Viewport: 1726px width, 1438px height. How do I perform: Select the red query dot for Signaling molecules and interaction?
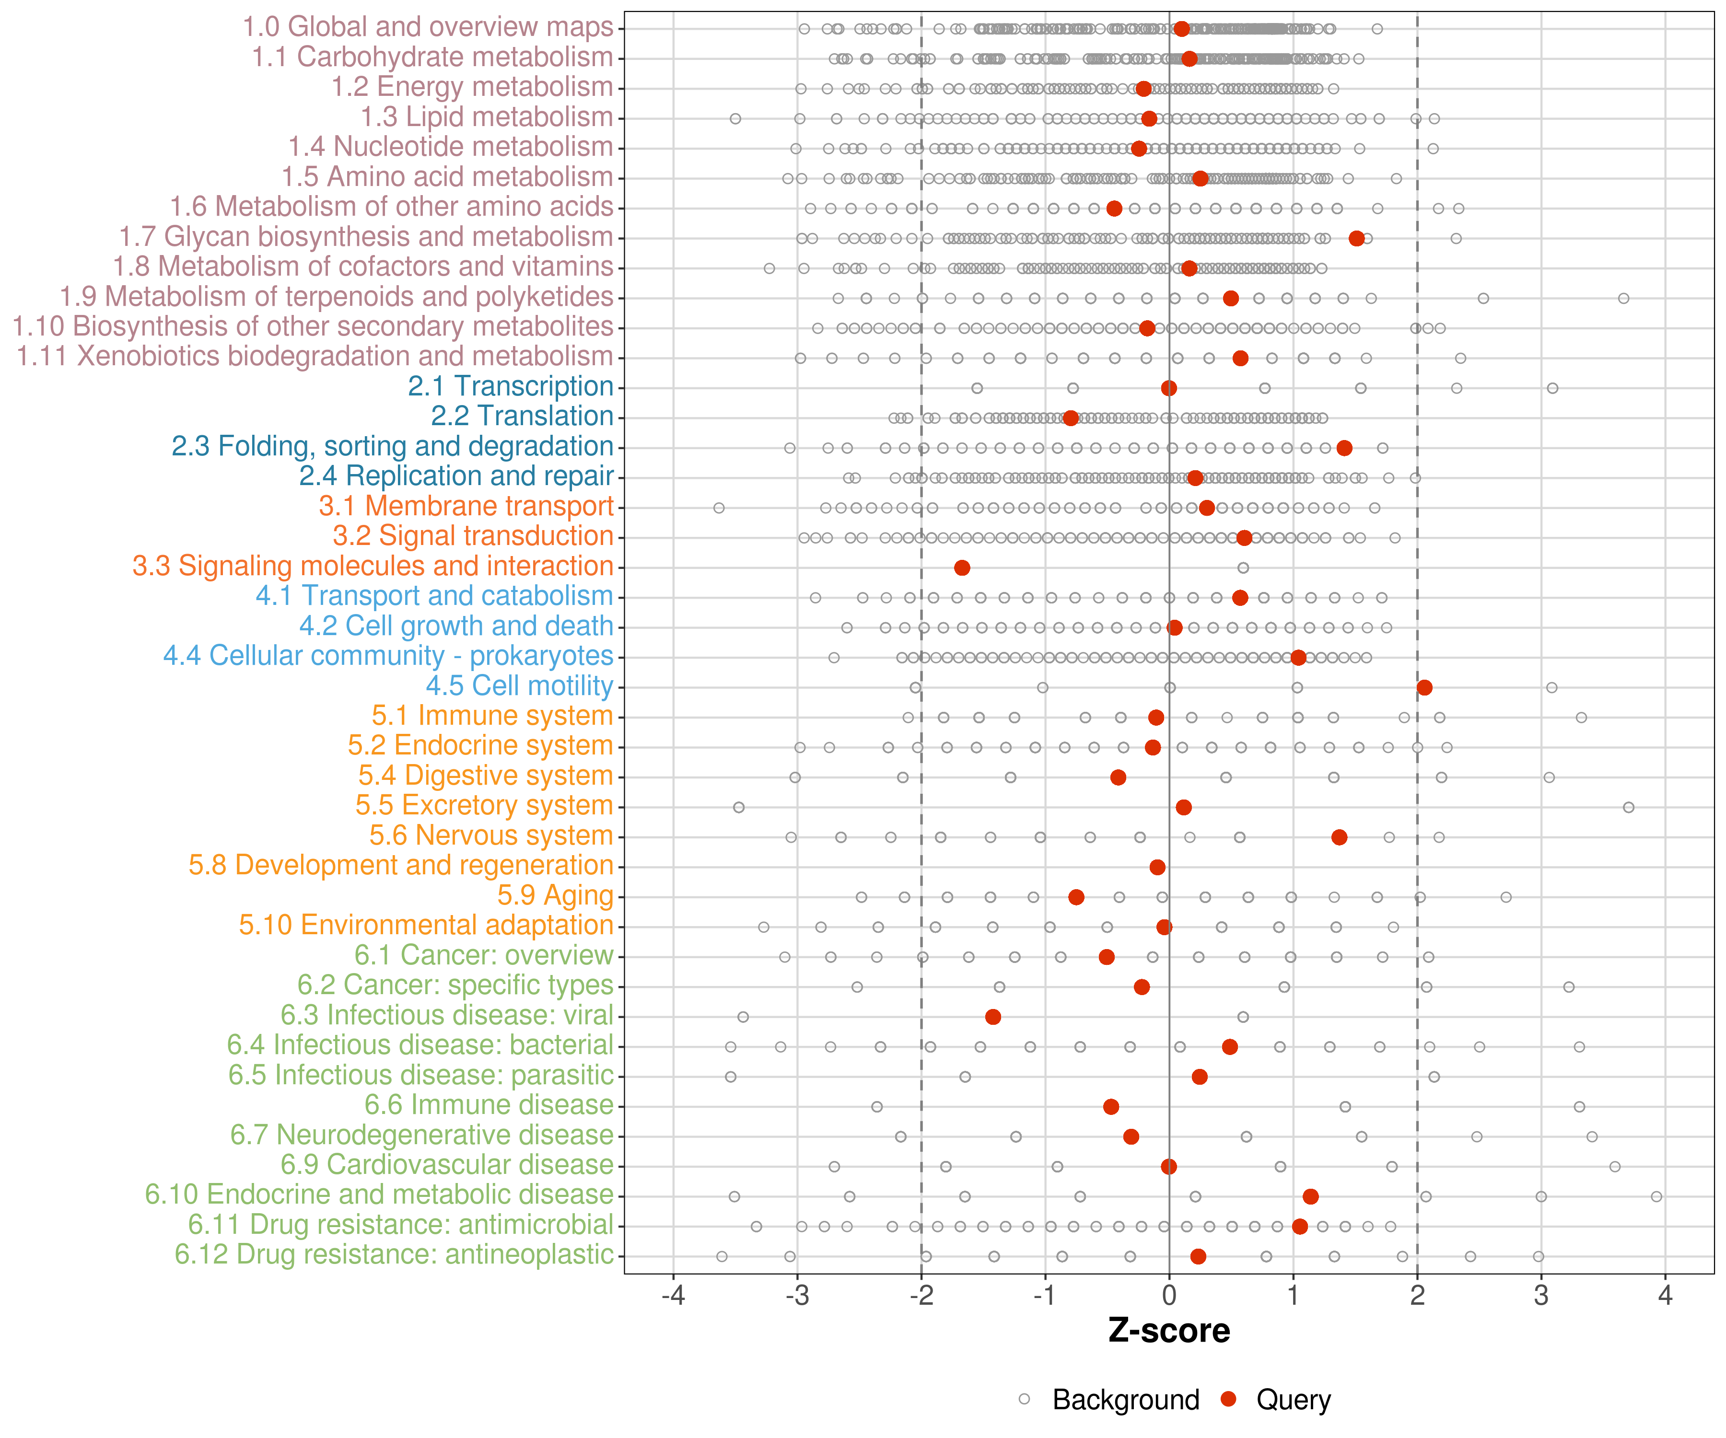962,568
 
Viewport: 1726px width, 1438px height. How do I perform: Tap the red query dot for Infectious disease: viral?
993,1017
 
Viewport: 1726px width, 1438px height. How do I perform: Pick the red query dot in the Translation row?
1070,418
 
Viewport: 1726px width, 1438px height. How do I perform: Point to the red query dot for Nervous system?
1339,837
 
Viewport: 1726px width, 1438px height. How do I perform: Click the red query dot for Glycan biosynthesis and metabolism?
1356,238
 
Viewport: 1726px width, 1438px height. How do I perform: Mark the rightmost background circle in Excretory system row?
1628,808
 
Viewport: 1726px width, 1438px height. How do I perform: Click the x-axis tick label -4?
673,1296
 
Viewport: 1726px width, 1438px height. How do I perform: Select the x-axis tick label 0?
1169,1296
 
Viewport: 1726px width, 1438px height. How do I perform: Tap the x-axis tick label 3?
1541,1296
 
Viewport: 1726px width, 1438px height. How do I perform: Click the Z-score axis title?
1169,1331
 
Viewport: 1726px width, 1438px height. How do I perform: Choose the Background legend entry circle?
1024,1399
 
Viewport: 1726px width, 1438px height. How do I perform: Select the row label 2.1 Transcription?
511,386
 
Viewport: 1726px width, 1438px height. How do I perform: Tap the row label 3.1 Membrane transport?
466,506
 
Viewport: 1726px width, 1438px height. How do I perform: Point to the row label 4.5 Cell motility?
519,685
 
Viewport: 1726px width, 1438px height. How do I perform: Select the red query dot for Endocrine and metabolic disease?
1310,1196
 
